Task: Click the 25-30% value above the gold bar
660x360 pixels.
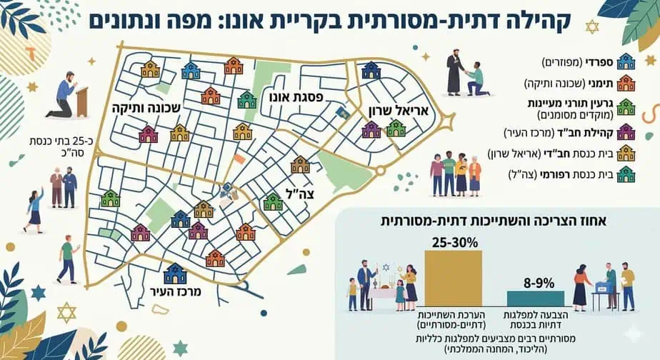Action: coord(454,241)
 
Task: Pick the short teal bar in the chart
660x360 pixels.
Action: coord(535,298)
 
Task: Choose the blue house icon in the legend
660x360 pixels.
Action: coord(626,61)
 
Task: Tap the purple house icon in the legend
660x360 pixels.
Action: coord(626,130)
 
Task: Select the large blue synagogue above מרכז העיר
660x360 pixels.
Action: coord(174,273)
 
